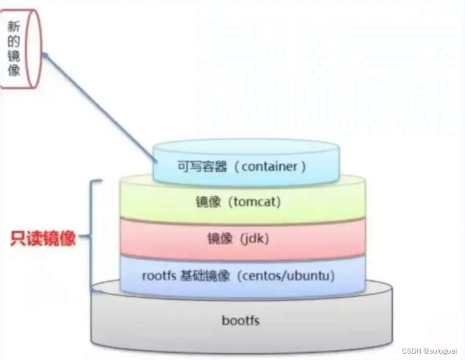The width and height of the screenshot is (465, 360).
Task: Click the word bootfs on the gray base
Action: [x=240, y=321]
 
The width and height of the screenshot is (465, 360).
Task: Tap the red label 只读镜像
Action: [x=43, y=238]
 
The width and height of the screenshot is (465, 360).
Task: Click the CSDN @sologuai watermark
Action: [x=429, y=351]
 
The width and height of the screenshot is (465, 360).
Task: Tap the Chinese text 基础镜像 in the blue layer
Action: [x=201, y=276]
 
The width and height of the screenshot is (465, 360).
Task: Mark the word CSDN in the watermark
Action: [x=411, y=351]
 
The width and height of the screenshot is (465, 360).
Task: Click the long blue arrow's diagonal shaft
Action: [x=101, y=106]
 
